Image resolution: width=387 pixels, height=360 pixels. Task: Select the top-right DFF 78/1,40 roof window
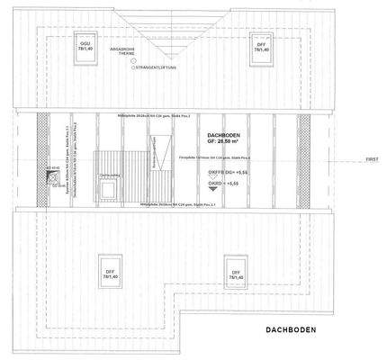click(x=261, y=46)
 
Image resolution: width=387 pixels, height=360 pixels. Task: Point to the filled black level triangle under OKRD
click(x=212, y=191)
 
